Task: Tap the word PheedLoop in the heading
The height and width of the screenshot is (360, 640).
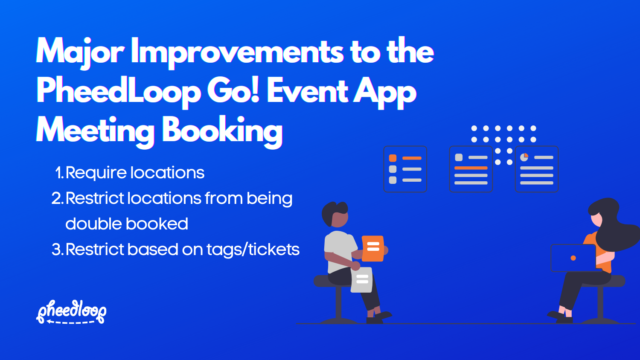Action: click(x=119, y=91)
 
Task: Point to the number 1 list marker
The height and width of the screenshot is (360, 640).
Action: click(x=59, y=173)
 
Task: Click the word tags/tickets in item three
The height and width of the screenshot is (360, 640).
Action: click(x=253, y=250)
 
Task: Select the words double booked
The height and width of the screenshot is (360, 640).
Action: click(x=127, y=224)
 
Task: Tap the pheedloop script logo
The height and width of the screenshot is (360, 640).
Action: click(x=72, y=311)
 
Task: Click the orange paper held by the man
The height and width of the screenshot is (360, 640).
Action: click(x=373, y=248)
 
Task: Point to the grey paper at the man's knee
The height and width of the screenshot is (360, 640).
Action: click(x=362, y=280)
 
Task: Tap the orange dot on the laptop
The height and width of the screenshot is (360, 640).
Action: click(x=573, y=258)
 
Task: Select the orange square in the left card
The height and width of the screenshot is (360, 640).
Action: click(x=393, y=158)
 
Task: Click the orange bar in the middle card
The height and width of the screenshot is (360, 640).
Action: click(x=471, y=168)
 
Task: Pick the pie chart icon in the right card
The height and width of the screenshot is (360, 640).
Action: click(x=524, y=157)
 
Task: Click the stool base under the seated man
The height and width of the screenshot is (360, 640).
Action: click(x=338, y=320)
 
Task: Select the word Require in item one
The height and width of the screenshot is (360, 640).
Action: click(x=96, y=173)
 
